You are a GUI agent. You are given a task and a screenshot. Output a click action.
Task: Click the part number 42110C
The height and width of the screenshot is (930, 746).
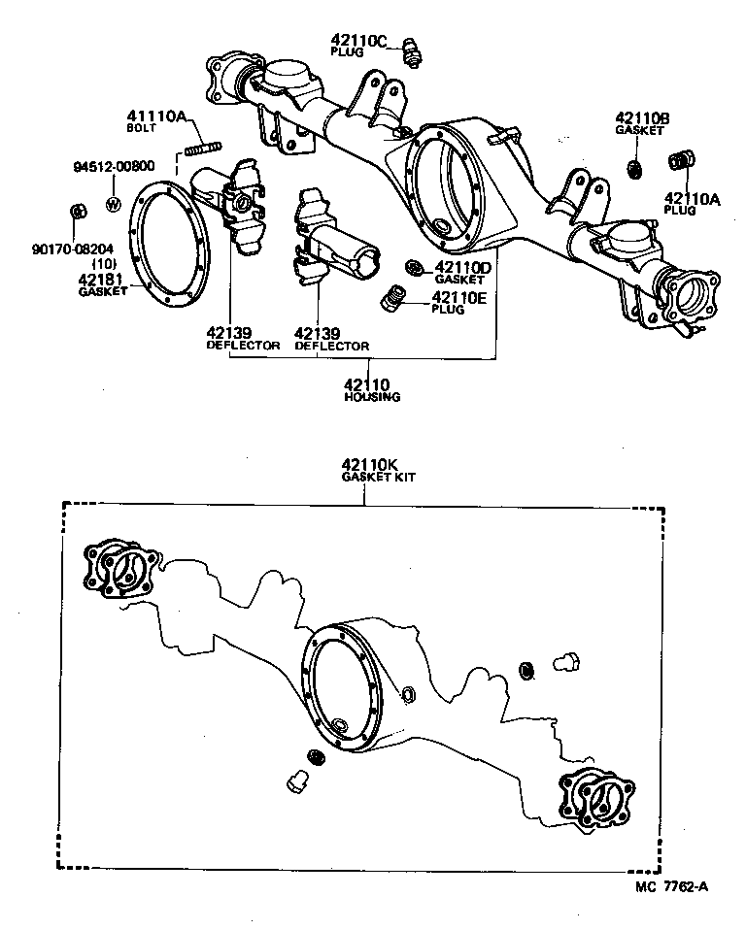point(358,40)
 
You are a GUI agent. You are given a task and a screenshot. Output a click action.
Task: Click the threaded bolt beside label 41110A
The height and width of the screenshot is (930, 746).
point(199,149)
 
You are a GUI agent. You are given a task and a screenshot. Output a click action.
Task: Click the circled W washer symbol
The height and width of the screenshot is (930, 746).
point(113,205)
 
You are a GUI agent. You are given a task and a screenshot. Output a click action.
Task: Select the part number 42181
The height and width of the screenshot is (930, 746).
point(100,279)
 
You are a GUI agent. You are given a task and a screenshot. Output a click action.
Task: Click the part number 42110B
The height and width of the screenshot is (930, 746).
point(642,118)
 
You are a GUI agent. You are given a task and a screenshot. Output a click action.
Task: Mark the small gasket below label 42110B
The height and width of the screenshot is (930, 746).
point(633,169)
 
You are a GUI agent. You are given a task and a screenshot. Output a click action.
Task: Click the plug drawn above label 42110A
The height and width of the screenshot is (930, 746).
point(682,162)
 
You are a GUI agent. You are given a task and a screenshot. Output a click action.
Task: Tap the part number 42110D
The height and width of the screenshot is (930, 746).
point(463,268)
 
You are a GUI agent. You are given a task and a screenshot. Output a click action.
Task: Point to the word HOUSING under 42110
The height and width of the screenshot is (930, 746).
point(373,397)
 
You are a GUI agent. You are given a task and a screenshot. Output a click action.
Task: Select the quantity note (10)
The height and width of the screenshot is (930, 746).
point(105,264)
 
